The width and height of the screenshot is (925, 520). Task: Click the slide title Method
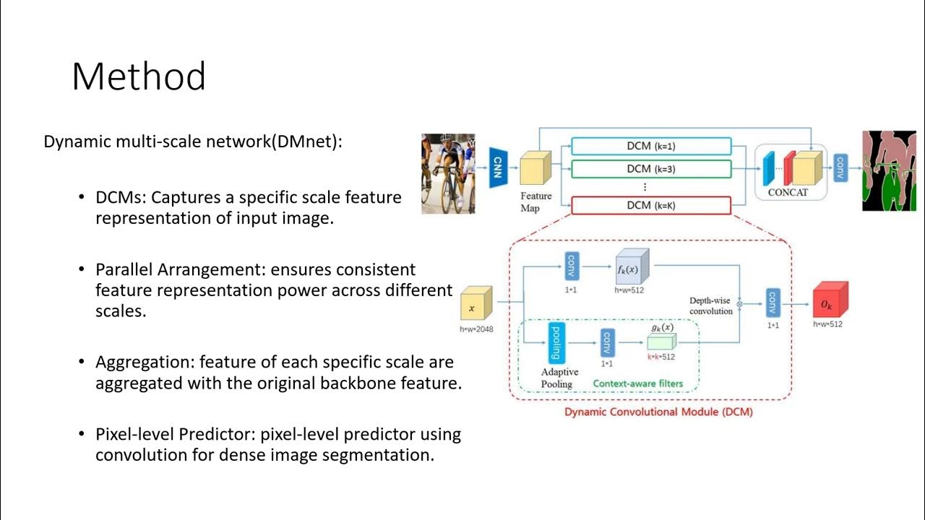139,76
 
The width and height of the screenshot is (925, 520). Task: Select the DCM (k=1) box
651,147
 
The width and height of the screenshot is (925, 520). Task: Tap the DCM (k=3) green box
651,169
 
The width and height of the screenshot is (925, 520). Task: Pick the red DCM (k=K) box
651,206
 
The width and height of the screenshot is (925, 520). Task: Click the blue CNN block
497,168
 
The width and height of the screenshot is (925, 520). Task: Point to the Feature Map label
535,201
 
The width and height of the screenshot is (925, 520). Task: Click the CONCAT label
788,193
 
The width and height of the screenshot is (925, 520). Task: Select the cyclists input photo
448,173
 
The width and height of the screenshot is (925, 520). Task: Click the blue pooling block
556,342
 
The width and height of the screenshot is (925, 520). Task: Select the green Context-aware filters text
638,383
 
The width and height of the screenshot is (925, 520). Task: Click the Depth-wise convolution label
711,305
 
